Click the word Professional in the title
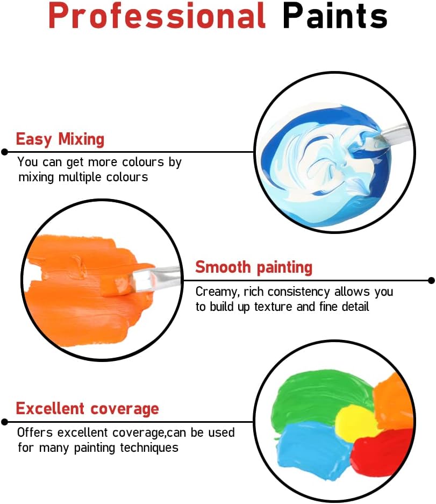(157, 16)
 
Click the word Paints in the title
(335, 16)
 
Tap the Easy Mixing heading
(60, 140)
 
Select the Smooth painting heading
(254, 267)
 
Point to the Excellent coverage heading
(88, 409)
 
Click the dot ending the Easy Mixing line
(4, 152)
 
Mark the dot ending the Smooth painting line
(432, 281)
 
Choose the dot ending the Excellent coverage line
(4, 422)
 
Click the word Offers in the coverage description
(35, 432)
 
